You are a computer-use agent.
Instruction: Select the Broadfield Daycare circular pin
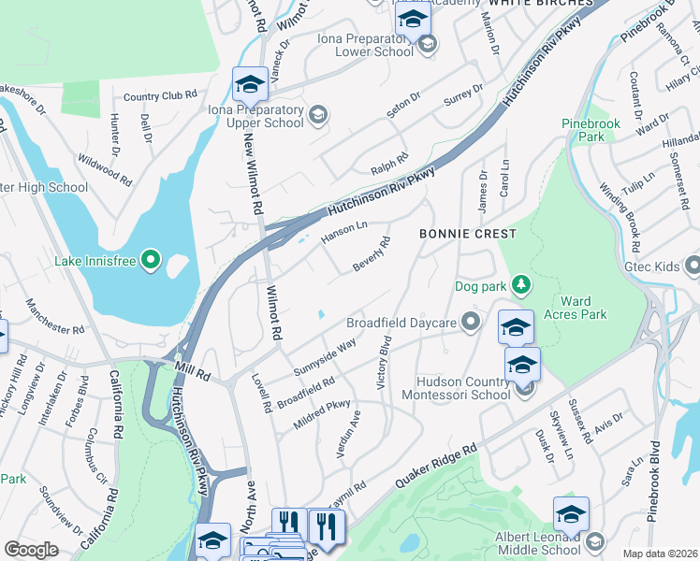471,324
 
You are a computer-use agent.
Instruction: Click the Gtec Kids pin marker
693,266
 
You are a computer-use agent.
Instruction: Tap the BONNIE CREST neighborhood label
467,233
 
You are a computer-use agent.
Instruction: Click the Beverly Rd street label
371,254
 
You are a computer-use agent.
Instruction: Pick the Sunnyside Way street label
324,356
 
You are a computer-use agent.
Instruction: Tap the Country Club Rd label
160,95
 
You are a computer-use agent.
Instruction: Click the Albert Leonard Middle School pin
594,541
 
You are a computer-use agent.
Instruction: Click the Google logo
32,550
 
